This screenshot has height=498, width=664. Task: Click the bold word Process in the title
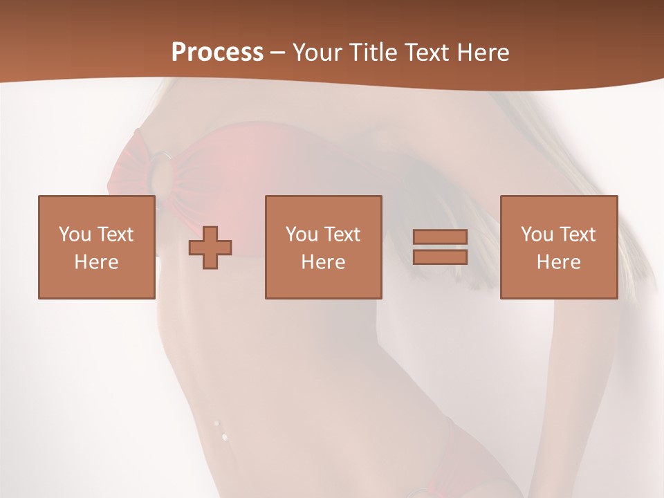pyautogui.click(x=217, y=52)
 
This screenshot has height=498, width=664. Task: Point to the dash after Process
pyautogui.click(x=278, y=53)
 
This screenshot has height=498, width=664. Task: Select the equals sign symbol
pyautogui.click(x=440, y=247)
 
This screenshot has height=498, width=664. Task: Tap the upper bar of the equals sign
pyautogui.click(x=440, y=237)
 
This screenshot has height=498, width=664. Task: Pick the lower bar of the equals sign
pyautogui.click(x=440, y=257)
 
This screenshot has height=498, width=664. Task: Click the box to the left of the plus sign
pyautogui.click(x=96, y=247)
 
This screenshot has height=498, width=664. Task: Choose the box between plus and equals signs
pyautogui.click(x=323, y=247)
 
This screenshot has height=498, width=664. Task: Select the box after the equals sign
pyautogui.click(x=558, y=247)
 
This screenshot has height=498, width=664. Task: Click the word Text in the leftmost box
pyautogui.click(x=115, y=234)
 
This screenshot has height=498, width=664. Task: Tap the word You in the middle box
pyautogui.click(x=302, y=234)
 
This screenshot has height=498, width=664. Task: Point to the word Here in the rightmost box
pyautogui.click(x=558, y=262)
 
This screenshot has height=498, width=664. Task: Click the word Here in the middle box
pyautogui.click(x=323, y=262)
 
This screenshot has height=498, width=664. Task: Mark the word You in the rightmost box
pyautogui.click(x=537, y=234)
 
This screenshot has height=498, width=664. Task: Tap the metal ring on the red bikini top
pyautogui.click(x=163, y=157)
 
